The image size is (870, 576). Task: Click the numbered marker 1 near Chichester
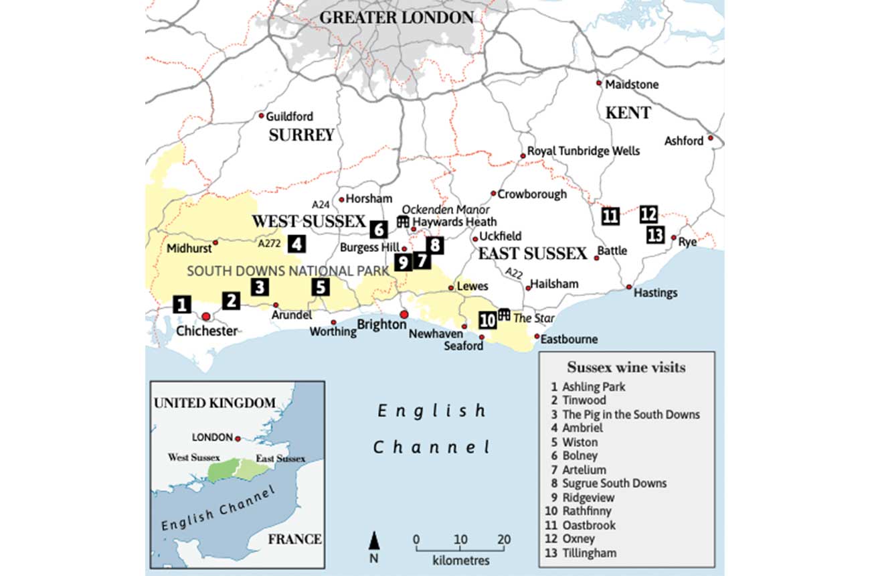[181, 304]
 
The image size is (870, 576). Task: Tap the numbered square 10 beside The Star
[488, 320]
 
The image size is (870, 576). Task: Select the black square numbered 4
[296, 244]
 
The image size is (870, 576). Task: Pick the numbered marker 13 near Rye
[655, 235]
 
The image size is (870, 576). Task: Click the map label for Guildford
[289, 117]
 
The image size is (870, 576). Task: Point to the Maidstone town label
[631, 85]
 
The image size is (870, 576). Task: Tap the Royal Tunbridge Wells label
[583, 151]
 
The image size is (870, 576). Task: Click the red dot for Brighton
[404, 314]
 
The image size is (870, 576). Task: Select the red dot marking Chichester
[206, 316]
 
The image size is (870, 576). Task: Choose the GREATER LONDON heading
[396, 17]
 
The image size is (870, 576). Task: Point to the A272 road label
[268, 244]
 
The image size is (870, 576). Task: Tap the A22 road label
[513, 273]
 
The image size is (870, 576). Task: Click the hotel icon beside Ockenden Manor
[403, 221]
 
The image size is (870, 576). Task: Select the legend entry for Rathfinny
[583, 511]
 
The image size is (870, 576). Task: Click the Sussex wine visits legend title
[626, 367]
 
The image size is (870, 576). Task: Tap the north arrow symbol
[375, 540]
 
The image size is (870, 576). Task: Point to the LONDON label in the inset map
[212, 437]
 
